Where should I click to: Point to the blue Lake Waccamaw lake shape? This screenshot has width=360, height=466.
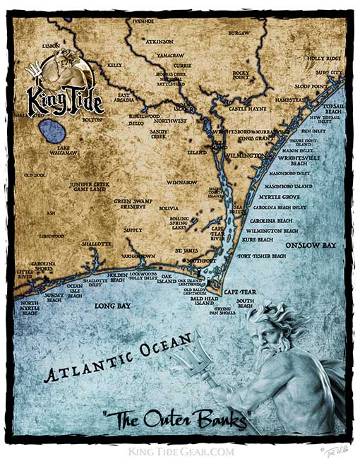[51, 131]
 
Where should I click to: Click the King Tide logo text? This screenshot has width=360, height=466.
[64, 98]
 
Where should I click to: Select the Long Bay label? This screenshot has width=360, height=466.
[110, 307]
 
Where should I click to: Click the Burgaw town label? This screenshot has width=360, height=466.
[239, 33]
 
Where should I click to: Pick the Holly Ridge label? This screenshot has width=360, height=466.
[324, 58]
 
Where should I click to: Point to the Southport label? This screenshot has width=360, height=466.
[200, 261]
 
